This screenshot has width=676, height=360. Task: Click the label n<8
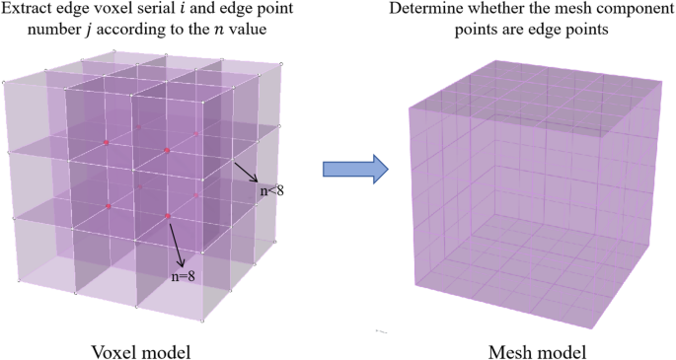pos(272,190)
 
